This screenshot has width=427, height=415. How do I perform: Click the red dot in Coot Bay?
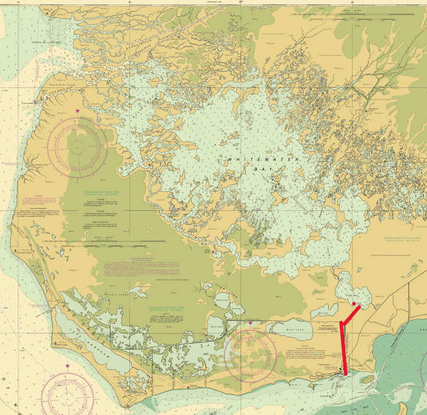pos(354,295)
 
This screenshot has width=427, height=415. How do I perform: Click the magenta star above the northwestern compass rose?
pos(77,111)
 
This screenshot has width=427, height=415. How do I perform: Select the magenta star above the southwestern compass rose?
pos(67,366)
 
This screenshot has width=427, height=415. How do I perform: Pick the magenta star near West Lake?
pos(250,323)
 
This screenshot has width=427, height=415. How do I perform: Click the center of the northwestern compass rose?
pos(77,147)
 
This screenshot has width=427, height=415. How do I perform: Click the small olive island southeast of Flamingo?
pos(367,379)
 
